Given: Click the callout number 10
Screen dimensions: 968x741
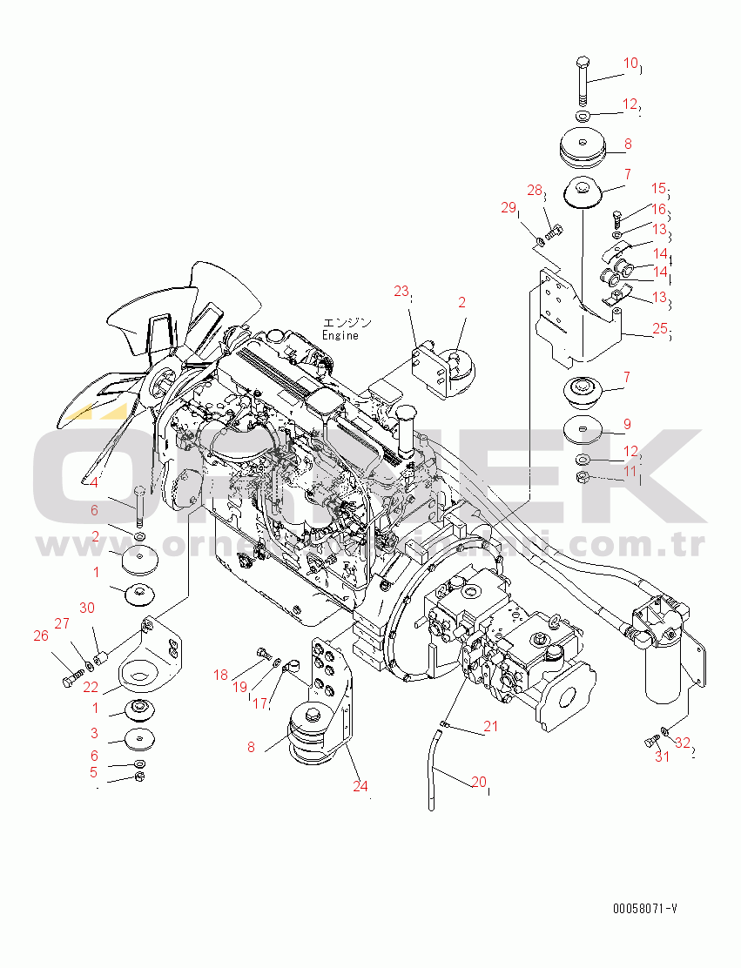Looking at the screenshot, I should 630,63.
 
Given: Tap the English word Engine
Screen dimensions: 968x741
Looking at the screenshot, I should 340,335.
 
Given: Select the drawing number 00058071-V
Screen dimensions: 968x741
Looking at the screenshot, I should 644,909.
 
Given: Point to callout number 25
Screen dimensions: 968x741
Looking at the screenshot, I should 660,329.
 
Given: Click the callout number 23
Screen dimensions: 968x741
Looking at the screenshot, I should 401,292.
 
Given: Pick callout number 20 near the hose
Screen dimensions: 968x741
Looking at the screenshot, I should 478,782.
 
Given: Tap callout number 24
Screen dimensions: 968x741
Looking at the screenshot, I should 360,785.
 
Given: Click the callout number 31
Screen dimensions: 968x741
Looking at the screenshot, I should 663,756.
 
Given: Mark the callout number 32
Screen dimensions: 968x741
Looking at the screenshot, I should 683,743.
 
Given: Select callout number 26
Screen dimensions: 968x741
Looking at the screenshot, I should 41,635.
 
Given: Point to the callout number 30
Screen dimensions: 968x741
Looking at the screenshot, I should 87,607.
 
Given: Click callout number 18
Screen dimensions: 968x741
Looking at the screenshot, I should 220,675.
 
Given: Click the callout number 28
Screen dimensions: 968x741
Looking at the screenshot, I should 535,191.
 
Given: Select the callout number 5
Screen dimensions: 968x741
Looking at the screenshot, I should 94,771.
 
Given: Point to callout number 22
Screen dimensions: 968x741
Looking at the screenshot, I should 91,688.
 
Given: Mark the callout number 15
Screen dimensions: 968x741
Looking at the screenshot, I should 658,188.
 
